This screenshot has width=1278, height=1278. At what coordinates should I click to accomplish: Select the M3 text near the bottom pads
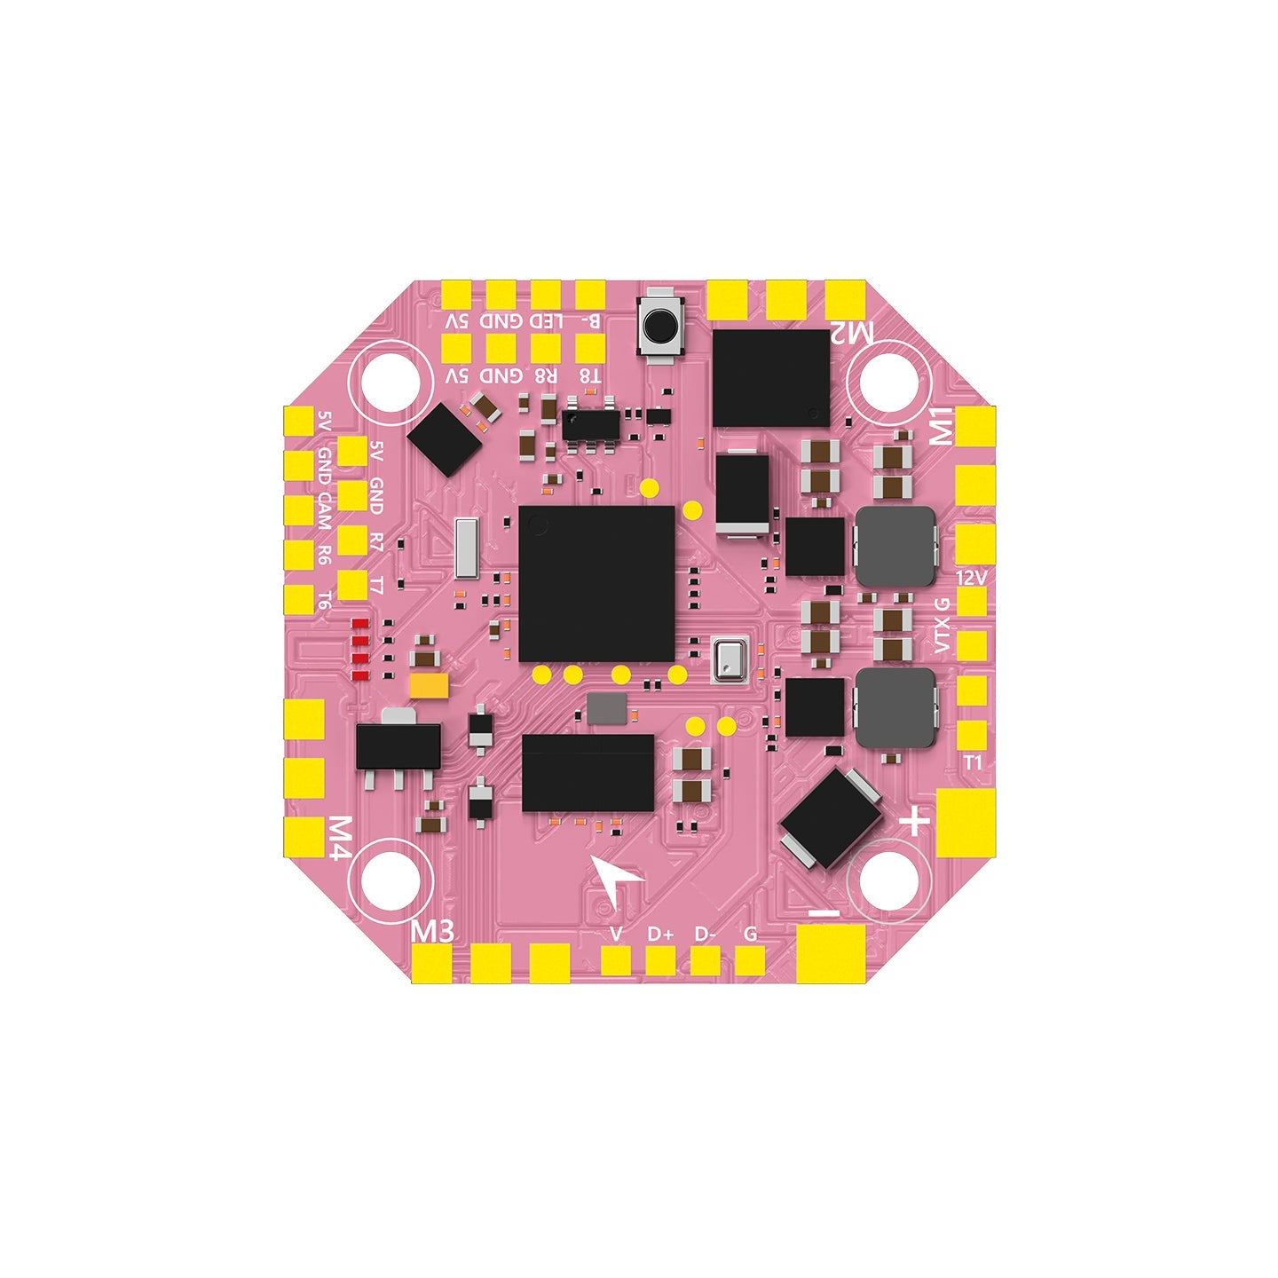[x=434, y=931]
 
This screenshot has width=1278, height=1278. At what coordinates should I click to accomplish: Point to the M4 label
[x=338, y=839]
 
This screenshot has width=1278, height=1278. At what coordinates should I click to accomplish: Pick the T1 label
[x=973, y=762]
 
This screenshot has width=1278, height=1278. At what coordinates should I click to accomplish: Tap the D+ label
[x=660, y=934]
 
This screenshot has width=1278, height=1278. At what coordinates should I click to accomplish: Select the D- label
[x=706, y=934]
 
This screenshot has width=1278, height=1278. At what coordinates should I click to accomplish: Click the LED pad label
[x=546, y=320]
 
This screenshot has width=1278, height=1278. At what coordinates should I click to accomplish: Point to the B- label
[x=590, y=320]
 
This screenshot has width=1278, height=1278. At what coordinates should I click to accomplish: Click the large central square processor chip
[x=596, y=583]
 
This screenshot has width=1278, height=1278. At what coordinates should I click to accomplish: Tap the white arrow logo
[x=617, y=880]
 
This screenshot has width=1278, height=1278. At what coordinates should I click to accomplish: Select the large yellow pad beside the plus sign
[x=965, y=822]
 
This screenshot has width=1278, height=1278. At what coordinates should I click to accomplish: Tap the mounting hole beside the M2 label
[x=889, y=381]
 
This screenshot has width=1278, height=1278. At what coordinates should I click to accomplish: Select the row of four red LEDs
[x=360, y=649]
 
